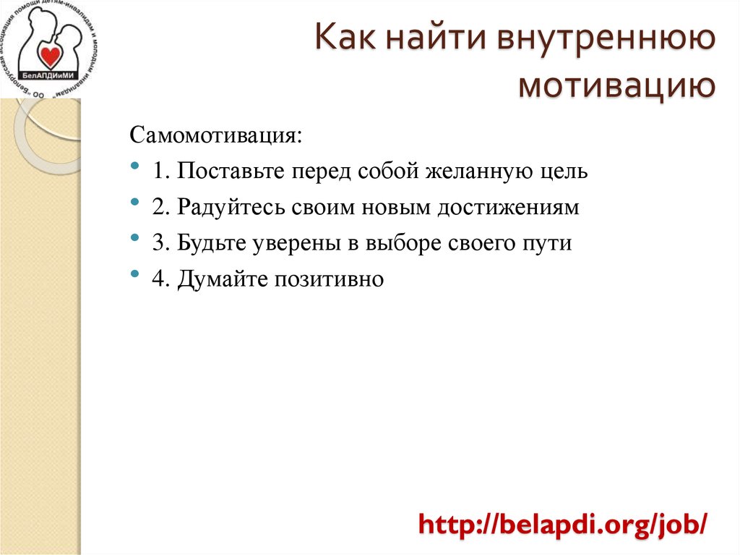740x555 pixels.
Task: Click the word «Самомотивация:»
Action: [x=215, y=137]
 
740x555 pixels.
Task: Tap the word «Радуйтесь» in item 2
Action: [x=231, y=208]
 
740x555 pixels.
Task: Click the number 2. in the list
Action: [x=160, y=208]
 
